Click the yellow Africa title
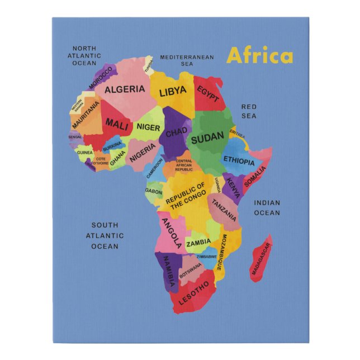[259, 56]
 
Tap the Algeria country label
[125, 89]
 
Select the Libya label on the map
[173, 92]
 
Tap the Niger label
[148, 127]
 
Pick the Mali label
[117, 123]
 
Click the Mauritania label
[86, 115]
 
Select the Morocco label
[101, 78]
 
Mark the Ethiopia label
[239, 160]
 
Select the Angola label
[171, 233]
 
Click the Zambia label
[198, 243]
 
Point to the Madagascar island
[261, 259]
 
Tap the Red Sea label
[249, 111]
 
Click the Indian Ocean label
[267, 207]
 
